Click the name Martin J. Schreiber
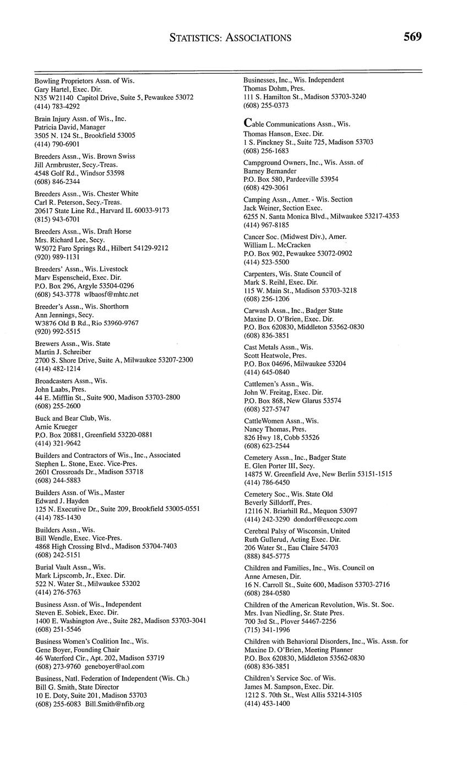point(63,351)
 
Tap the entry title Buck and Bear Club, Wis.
point(73,418)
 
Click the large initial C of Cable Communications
point(248,123)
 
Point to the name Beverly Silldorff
point(271,502)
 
